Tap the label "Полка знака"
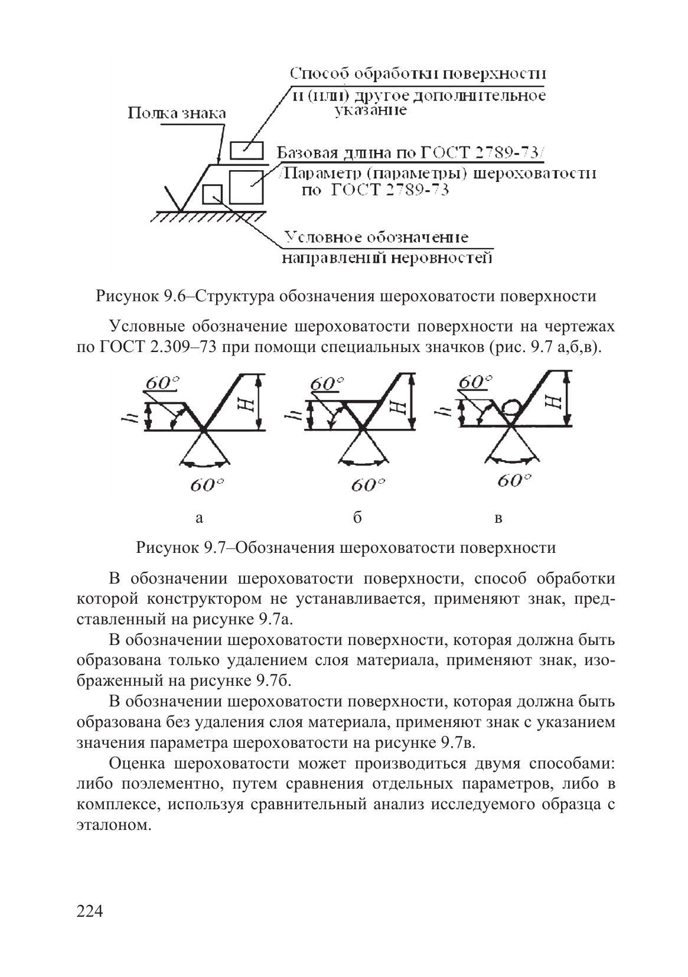pos(177,113)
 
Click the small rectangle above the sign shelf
pos(246,150)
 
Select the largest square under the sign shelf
pos(246,187)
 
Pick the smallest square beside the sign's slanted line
pos(212,193)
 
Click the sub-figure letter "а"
pos(200,518)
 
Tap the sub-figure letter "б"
pos(357,517)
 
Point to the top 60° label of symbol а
pos(162,384)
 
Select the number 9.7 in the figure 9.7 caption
pos(211,548)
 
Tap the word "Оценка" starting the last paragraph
pos(137,764)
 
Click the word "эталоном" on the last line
pos(111,825)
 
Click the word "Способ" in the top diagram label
pos(319,74)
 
